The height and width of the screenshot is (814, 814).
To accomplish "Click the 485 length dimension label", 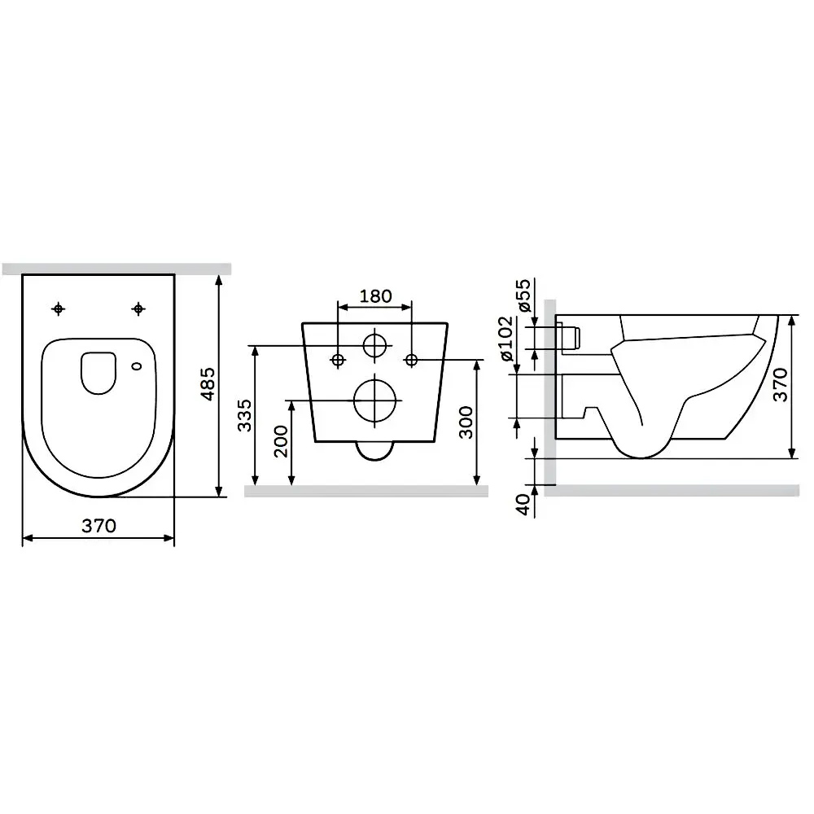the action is [208, 383].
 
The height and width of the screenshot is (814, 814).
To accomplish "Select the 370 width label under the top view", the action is [98, 526].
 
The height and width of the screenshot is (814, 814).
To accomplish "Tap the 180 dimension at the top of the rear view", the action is [375, 296].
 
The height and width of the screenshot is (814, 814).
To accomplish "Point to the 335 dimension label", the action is [244, 415].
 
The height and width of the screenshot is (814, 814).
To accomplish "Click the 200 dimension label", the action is [281, 441].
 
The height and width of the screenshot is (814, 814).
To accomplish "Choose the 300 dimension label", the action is [466, 422].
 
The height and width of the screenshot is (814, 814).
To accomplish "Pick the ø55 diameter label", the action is [523, 295].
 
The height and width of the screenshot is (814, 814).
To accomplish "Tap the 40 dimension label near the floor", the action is [523, 505].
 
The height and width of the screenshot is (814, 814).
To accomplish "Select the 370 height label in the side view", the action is [781, 385].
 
